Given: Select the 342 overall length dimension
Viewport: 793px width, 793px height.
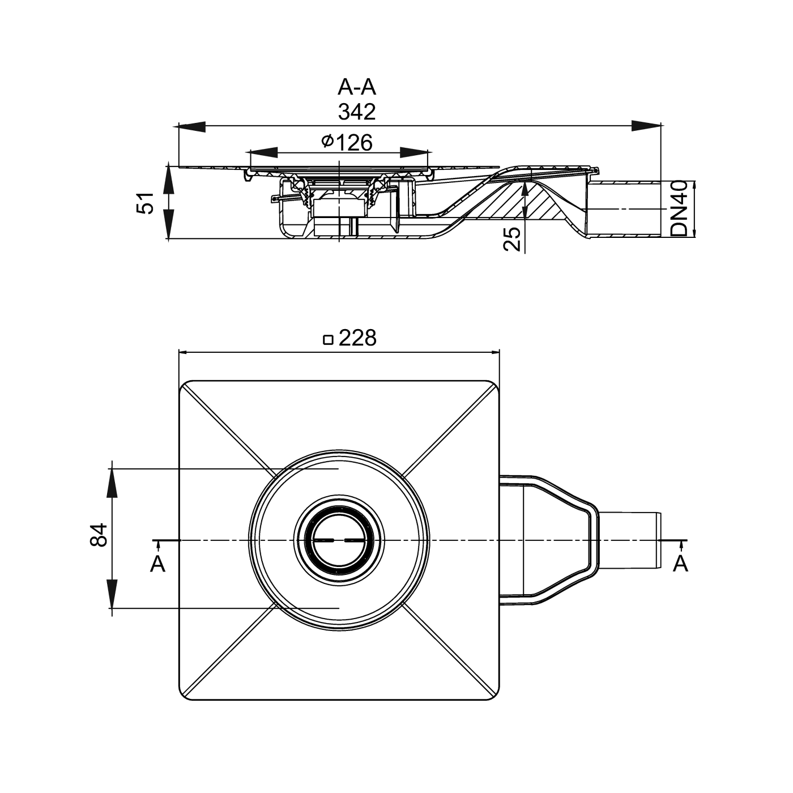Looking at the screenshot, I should pyautogui.click(x=357, y=112).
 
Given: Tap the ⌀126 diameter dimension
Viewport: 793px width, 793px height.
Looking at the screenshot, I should pyautogui.click(x=347, y=142).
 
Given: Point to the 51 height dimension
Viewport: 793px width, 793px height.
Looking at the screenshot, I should pyautogui.click(x=146, y=203).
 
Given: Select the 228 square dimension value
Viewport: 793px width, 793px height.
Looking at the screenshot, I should pyautogui.click(x=357, y=338).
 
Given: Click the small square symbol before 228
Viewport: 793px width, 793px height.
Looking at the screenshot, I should pyautogui.click(x=327, y=340).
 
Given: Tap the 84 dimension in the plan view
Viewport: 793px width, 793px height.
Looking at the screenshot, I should pyautogui.click(x=99, y=535).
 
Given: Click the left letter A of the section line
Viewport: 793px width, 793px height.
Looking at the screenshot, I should pyautogui.click(x=157, y=564).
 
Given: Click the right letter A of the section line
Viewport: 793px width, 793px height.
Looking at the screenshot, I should pyautogui.click(x=680, y=564).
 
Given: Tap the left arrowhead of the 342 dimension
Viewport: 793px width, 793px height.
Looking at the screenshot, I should pyautogui.click(x=193, y=126).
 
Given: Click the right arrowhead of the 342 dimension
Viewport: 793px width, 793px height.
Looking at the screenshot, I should pyautogui.click(x=646, y=126).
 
